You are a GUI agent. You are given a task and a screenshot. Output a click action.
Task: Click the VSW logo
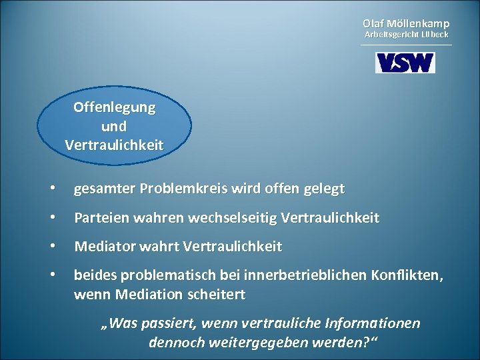click(405, 63)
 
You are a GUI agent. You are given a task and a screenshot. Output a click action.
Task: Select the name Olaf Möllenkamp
click(406, 23)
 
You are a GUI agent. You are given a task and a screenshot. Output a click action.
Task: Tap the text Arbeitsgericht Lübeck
click(406, 34)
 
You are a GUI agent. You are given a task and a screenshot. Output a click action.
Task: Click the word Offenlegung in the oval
click(115, 107)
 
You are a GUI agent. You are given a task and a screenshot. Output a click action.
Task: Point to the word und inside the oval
click(114, 126)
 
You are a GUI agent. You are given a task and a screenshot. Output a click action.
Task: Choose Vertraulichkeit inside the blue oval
click(114, 145)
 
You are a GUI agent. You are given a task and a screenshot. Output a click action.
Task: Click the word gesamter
click(103, 189)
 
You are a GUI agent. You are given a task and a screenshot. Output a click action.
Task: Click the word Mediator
click(103, 247)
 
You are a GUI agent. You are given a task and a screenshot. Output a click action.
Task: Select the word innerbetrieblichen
click(303, 275)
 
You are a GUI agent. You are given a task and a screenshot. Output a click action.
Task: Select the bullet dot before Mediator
click(52, 247)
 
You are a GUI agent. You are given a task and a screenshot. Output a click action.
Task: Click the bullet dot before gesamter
click(52, 189)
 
